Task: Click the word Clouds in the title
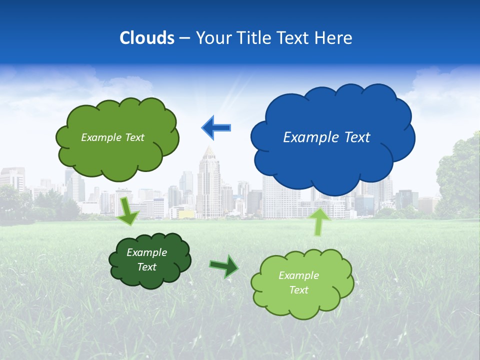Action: [x=147, y=38]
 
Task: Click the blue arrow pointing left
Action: [x=216, y=127]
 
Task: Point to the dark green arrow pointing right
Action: [x=223, y=266]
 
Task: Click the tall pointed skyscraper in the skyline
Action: [x=208, y=185]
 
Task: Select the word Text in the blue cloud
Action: [x=356, y=137]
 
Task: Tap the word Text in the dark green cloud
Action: [x=146, y=267]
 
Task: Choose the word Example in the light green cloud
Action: [x=298, y=275]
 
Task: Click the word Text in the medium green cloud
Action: [x=133, y=137]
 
